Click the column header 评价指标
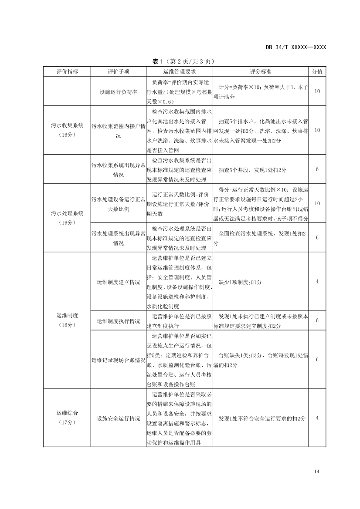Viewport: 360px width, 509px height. pos(66,71)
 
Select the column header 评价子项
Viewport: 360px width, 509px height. pos(119,71)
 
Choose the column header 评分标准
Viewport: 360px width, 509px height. pos(261,71)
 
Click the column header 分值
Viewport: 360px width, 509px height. pos(317,71)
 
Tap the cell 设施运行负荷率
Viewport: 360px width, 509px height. pos(119,91)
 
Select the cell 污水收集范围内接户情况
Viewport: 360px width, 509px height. pos(119,130)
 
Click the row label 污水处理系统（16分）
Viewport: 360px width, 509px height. pos(66,218)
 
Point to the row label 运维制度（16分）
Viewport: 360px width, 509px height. pos(66,321)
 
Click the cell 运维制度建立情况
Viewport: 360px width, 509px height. pos(119,282)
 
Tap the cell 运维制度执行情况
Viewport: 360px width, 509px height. pos(119,321)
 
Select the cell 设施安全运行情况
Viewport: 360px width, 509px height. pos(119,418)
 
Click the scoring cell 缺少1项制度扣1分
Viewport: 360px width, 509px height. pos(240,282)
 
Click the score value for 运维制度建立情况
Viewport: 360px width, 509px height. pos(317,282)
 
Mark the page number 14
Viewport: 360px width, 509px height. pos(316,472)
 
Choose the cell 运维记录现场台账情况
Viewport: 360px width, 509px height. pos(119,360)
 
